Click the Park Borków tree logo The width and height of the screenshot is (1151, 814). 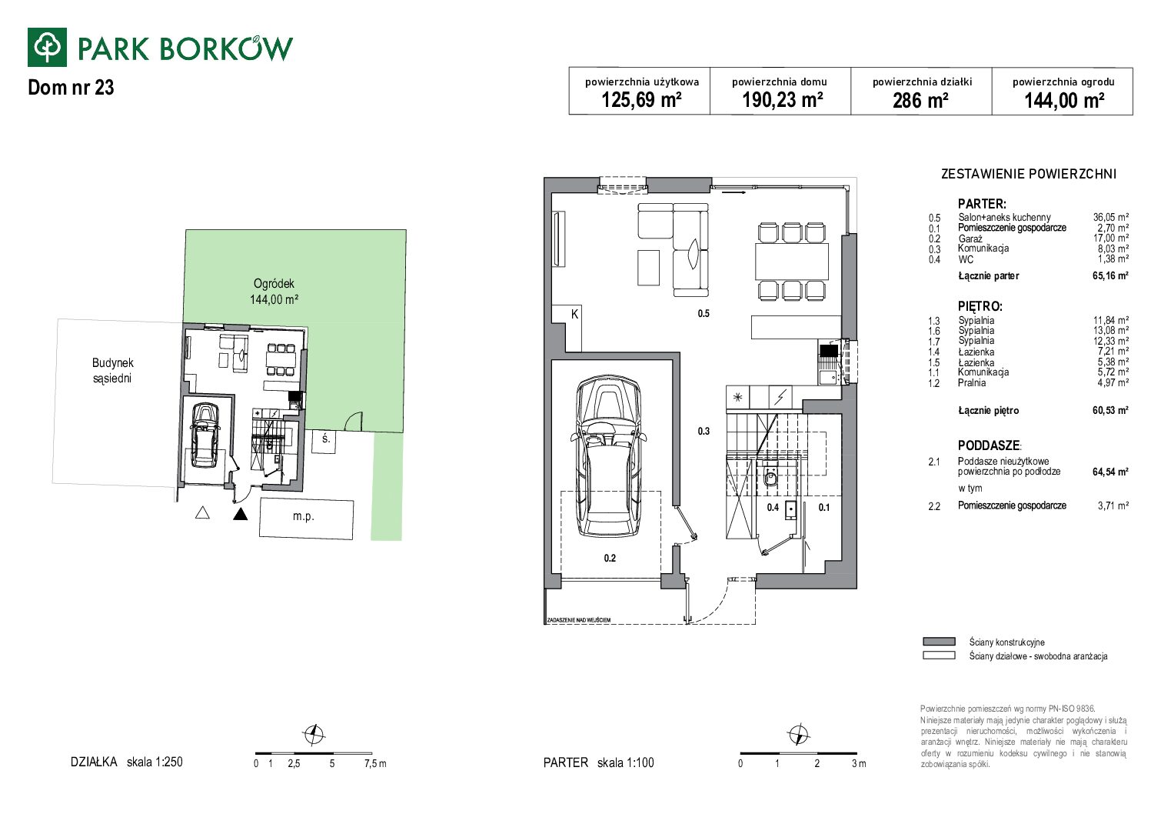tap(47, 47)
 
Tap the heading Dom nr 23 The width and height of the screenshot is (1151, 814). tap(71, 88)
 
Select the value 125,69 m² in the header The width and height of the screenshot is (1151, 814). tap(641, 100)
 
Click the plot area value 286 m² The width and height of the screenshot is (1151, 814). tap(920, 100)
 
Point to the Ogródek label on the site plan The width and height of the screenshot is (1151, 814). tap(274, 283)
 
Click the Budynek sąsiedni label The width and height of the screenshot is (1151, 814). tap(112, 370)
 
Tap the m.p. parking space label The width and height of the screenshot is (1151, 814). tap(303, 516)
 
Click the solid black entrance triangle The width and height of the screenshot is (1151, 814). tap(240, 514)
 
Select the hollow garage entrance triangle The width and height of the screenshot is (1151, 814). tap(202, 512)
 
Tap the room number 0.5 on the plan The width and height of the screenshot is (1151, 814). tap(704, 313)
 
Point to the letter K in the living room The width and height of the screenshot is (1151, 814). tap(574, 314)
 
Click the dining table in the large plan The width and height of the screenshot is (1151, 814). tap(791, 262)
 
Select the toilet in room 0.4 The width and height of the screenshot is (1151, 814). tap(770, 478)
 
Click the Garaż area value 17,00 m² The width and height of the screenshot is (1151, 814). tap(1110, 238)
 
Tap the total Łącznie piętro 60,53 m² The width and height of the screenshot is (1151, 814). tap(1110, 410)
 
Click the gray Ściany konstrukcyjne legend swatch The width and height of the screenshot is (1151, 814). tap(939, 641)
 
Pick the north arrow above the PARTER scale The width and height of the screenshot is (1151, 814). tap(798, 734)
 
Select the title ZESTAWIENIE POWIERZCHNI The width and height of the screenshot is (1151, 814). tap(1029, 174)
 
